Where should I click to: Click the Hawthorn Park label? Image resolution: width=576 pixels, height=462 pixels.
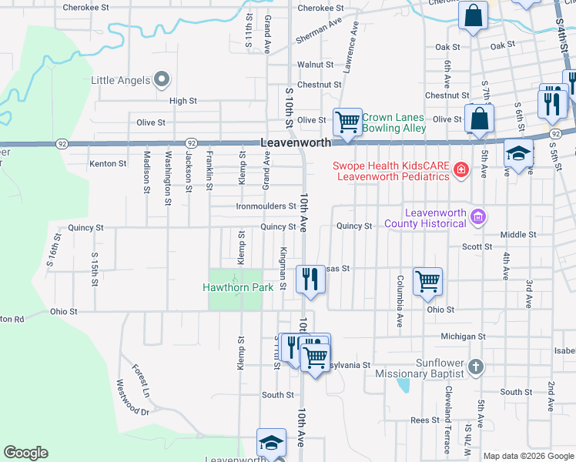tap(238, 287)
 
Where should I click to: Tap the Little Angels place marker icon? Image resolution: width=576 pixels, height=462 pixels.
tap(162, 79)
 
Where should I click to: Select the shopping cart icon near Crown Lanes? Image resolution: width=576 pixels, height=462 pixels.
tap(348, 122)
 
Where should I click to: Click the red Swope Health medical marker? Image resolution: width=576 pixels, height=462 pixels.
tap(461, 169)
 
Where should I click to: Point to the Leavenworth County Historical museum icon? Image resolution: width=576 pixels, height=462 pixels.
tap(478, 217)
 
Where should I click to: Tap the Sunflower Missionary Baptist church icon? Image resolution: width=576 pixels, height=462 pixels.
tap(477, 367)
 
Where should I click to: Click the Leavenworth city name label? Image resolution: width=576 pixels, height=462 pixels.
tap(296, 142)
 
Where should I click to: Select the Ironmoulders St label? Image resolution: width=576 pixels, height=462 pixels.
tap(266, 206)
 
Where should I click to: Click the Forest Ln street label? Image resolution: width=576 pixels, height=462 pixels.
tap(140, 380)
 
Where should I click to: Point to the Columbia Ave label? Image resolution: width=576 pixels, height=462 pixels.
tap(400, 298)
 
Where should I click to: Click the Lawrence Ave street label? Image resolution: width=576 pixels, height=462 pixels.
tap(351, 47)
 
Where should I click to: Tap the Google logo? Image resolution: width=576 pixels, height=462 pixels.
tap(25, 453)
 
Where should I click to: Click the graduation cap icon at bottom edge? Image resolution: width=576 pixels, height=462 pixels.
tap(271, 444)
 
